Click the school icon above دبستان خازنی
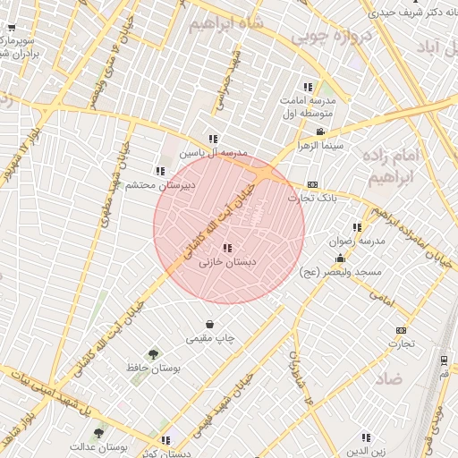(227, 248)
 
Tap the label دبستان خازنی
(226, 262)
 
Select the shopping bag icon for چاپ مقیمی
(209, 324)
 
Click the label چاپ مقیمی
(210, 338)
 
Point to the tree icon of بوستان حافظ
(154, 353)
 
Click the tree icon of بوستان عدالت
(98, 432)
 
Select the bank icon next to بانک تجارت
(311, 184)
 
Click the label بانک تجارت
(318, 198)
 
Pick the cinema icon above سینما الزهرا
(319, 131)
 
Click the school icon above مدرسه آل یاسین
(213, 139)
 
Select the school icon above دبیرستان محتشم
(160, 171)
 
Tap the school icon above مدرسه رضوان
(358, 227)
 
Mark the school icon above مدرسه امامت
(308, 87)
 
